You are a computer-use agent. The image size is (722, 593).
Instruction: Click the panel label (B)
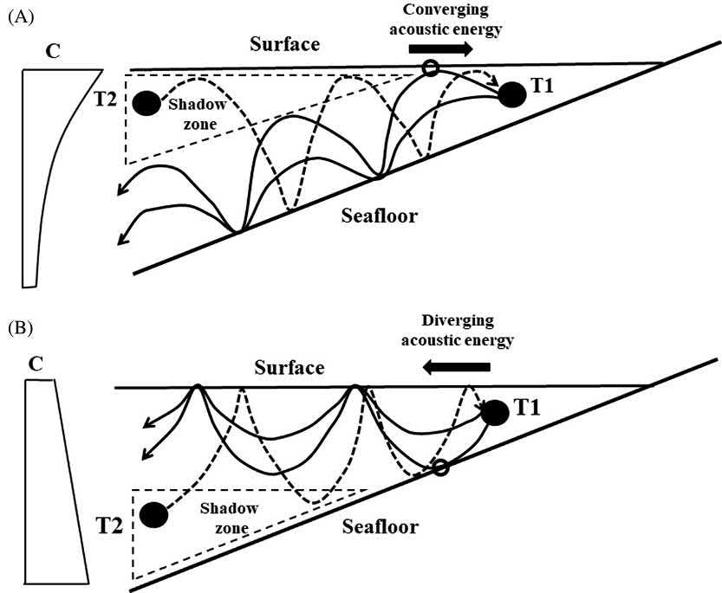click(19, 330)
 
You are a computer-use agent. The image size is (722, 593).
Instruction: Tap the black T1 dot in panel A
click(512, 94)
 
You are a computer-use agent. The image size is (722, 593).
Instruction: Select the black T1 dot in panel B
click(494, 412)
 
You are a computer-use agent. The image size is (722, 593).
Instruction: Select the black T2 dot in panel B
click(154, 515)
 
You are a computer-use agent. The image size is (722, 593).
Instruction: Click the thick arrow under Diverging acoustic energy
click(452, 368)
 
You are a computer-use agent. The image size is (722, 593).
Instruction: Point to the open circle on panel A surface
click(429, 68)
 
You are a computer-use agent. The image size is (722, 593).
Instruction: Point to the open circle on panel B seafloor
click(440, 468)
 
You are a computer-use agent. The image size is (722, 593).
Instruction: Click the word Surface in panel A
click(284, 43)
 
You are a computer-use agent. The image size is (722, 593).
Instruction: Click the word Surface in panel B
click(289, 368)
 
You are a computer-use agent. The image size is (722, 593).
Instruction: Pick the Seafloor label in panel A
click(378, 215)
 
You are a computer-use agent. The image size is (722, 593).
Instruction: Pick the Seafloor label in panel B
click(380, 525)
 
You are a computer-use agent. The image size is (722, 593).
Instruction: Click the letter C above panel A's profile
click(53, 52)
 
